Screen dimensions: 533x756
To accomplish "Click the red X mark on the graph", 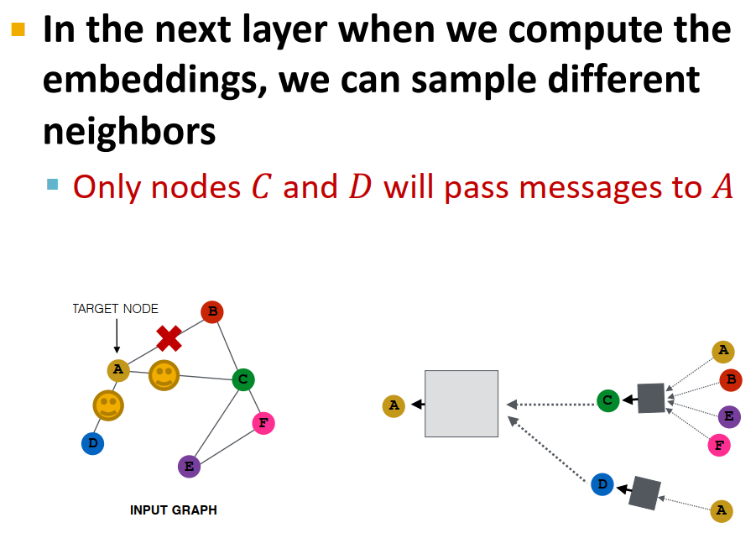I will (169, 338).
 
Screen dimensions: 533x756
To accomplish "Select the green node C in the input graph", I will (243, 379).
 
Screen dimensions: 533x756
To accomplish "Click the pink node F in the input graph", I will (263, 423).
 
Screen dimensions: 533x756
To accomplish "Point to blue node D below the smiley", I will (92, 443).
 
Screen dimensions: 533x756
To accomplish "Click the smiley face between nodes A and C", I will (164, 375).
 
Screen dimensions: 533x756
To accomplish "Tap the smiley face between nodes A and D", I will (108, 405).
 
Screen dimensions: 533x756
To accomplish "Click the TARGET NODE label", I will (115, 309).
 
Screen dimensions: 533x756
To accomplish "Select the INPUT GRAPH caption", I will (174, 510).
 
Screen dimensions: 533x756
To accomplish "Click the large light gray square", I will (461, 404).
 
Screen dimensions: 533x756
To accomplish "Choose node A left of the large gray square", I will (393, 406).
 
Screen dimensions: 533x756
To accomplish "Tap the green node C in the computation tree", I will (608, 400).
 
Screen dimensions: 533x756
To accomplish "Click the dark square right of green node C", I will (650, 398).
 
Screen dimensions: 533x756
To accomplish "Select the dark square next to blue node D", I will (644, 493).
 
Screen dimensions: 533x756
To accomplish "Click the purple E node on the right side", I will (730, 416).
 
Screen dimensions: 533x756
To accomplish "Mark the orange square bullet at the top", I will (18, 29).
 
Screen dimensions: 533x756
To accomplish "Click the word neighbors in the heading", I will (129, 131).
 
